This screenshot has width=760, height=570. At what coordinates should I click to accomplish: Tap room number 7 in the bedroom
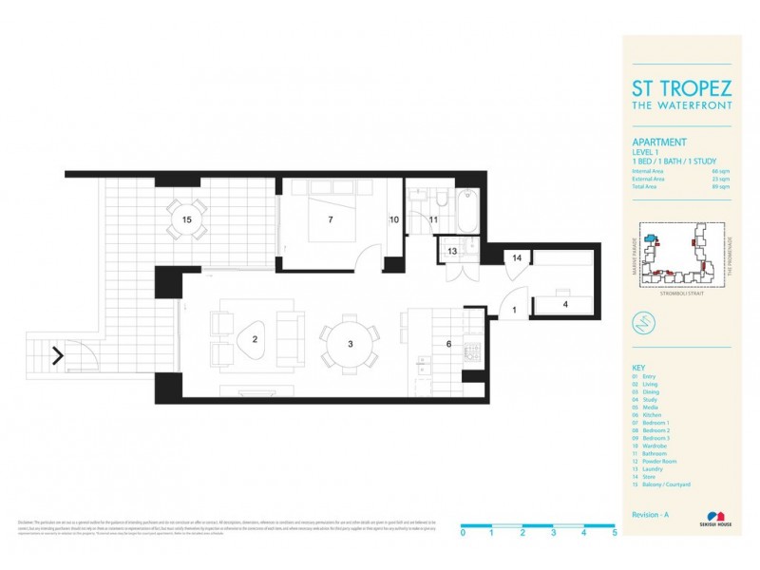(330, 219)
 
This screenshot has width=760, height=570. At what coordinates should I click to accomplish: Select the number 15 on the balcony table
(187, 219)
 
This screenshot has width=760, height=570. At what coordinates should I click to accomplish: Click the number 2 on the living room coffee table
(255, 337)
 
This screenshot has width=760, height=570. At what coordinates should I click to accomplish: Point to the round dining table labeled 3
(350, 343)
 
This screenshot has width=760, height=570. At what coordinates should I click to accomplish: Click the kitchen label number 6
(449, 343)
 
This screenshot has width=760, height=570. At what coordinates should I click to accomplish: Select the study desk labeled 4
(564, 305)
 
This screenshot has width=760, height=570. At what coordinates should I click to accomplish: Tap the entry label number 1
(514, 310)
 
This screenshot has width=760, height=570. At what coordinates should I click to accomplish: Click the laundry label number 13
(452, 251)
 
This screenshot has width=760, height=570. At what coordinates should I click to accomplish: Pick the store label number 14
(518, 257)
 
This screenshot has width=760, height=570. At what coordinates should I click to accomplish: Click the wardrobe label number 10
(394, 219)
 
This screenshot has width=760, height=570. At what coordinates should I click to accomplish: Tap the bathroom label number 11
(433, 219)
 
